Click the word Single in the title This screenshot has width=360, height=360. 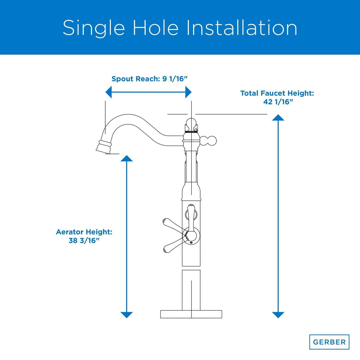coord(94,28)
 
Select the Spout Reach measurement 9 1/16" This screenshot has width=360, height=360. coord(175,79)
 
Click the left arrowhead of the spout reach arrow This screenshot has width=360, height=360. coord(109,92)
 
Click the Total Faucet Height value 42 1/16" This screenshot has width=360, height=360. coord(278,102)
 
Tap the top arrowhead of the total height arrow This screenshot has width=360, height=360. coord(278,117)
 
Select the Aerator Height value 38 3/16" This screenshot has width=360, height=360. coord(83,240)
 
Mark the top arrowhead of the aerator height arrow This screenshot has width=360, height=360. coord(127,158)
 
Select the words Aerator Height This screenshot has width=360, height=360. coord(84,232)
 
